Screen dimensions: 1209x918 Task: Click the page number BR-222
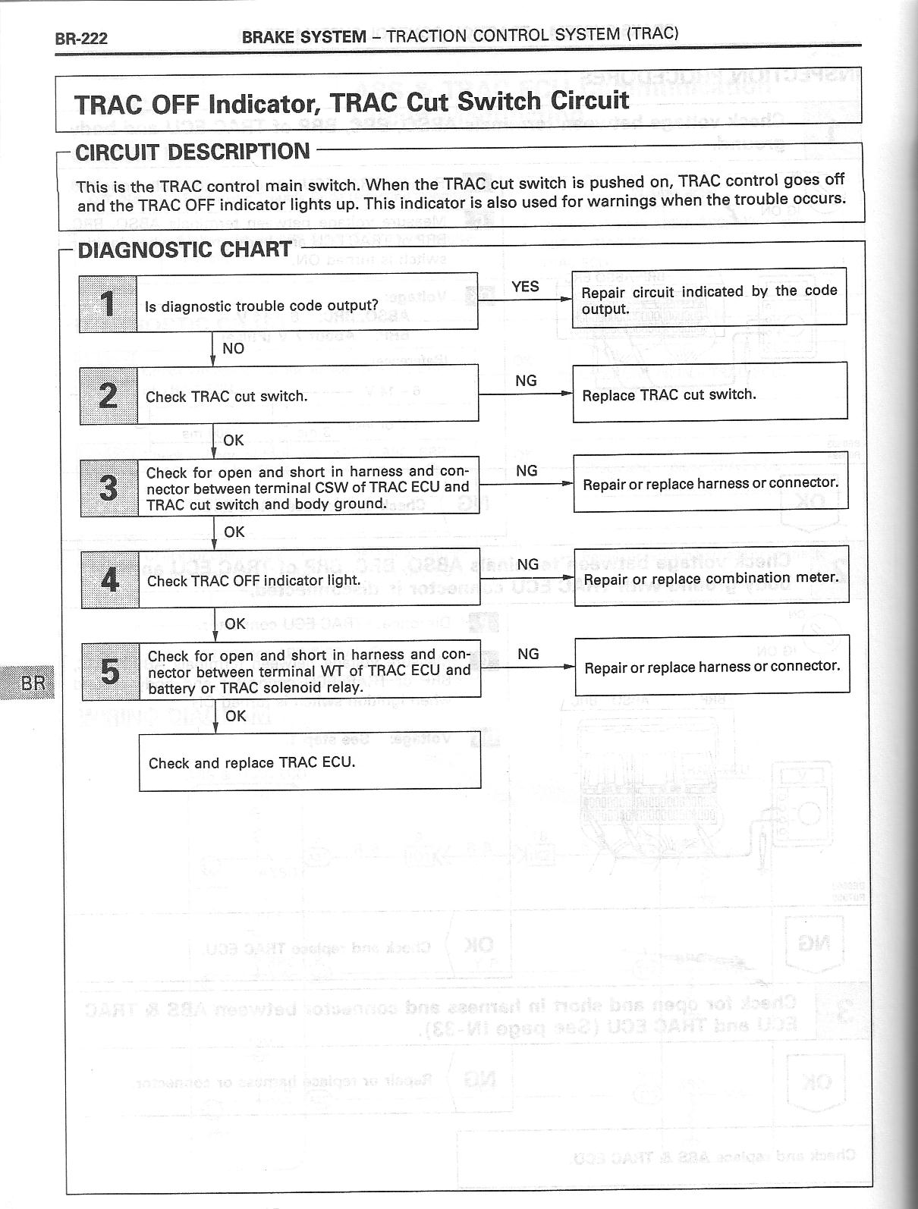pyautogui.click(x=81, y=39)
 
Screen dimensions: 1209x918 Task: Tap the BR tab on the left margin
pyautogui.click(x=33, y=683)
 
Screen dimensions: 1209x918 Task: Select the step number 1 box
pyautogui.click(x=108, y=304)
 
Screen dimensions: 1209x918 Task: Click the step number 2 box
pyautogui.click(x=108, y=395)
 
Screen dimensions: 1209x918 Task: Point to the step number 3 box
pyautogui.click(x=109, y=488)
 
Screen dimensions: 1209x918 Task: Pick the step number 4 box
pyautogui.click(x=110, y=579)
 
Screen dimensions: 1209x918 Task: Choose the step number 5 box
pyautogui.click(x=111, y=670)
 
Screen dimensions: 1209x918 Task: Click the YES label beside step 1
pyautogui.click(x=525, y=287)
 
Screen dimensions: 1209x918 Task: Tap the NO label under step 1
pyautogui.click(x=234, y=348)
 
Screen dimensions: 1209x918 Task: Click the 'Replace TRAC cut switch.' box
pyautogui.click(x=709, y=391)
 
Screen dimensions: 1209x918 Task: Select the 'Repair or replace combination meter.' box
pyautogui.click(x=711, y=577)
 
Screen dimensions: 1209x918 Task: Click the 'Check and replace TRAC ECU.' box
pyautogui.click(x=310, y=762)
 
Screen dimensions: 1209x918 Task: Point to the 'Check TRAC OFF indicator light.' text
pyautogui.click(x=253, y=581)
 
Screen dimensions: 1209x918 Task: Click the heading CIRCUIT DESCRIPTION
pyautogui.click(x=193, y=152)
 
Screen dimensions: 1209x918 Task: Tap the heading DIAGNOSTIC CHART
pyautogui.click(x=184, y=250)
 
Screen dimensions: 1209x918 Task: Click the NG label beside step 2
pyautogui.click(x=526, y=381)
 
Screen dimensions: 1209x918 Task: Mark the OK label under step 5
pyautogui.click(x=235, y=715)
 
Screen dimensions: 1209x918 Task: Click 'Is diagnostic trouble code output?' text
pyautogui.click(x=262, y=306)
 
